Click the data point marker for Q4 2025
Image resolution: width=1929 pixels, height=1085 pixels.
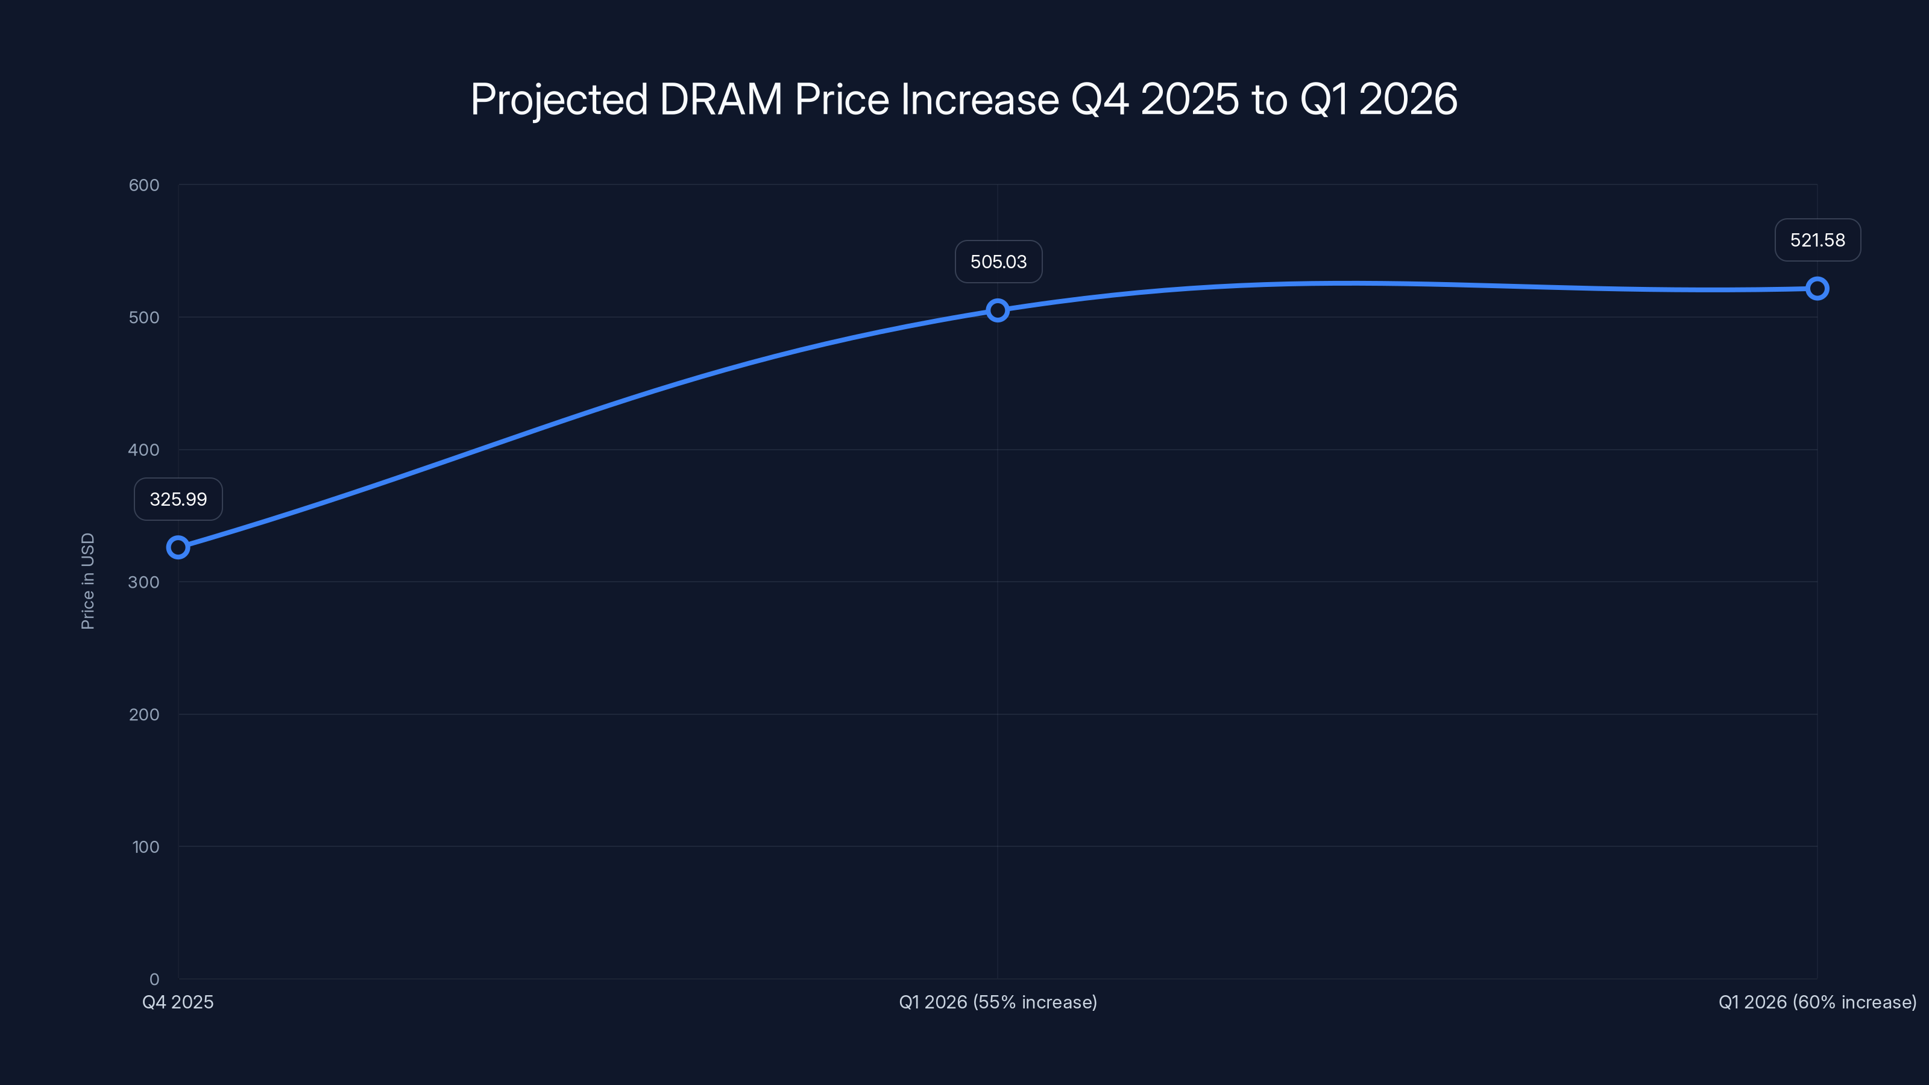(177, 547)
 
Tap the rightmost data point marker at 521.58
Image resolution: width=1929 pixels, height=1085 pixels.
(1817, 288)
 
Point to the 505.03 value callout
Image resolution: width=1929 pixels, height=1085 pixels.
(998, 262)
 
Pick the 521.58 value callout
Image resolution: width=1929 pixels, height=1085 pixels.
(1817, 241)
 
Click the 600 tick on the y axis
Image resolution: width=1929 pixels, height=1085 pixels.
(144, 185)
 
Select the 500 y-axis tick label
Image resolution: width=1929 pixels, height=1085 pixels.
(144, 318)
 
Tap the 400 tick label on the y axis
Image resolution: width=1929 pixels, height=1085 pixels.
(144, 450)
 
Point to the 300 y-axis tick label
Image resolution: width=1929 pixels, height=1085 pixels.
(144, 582)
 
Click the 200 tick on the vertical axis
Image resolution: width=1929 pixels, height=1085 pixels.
(144, 715)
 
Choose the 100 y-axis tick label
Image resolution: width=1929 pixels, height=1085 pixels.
(145, 847)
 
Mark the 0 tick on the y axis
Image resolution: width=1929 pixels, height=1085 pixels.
(154, 980)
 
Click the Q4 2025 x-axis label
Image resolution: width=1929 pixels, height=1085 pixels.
(178, 1002)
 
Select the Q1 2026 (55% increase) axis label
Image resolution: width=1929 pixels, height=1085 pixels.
(998, 1002)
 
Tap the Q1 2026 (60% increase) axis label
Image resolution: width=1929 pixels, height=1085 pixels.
(1817, 1002)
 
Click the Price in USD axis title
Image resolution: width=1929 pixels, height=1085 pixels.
(87, 581)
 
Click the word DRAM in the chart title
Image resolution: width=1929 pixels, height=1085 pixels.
(720, 99)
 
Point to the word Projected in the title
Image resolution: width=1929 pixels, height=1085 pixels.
(559, 100)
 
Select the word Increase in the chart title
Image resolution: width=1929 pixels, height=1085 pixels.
(980, 99)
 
